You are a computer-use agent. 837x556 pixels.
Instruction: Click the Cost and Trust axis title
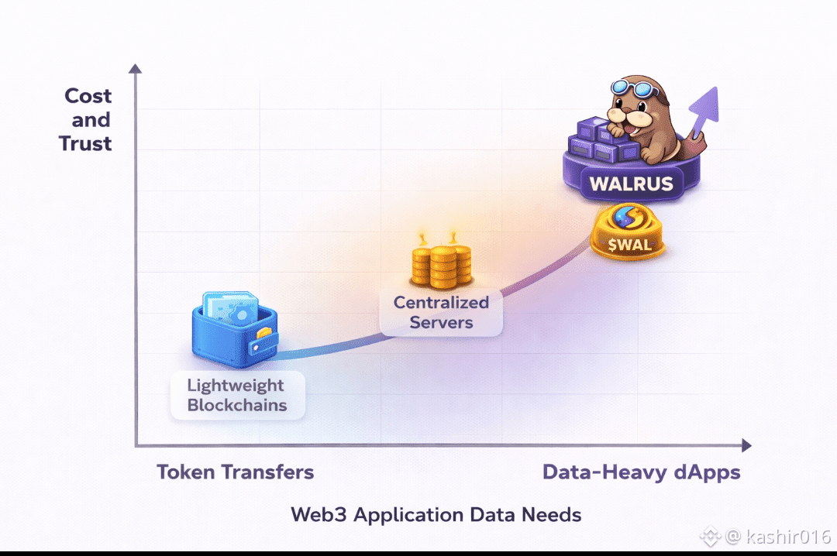point(86,119)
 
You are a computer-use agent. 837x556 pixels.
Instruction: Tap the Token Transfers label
point(235,472)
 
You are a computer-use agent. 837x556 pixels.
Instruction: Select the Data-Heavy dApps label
point(641,472)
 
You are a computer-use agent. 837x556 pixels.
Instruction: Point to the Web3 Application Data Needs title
point(436,514)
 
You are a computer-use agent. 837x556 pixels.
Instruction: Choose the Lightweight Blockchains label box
point(236,395)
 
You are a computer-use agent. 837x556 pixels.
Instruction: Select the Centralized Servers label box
point(441,312)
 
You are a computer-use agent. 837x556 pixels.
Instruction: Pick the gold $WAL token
point(629,232)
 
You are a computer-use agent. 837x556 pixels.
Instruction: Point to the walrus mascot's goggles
point(638,88)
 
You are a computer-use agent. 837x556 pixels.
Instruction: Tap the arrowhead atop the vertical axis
point(136,70)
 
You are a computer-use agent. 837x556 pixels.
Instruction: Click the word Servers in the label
point(441,322)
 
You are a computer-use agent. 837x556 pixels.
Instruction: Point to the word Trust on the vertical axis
point(86,143)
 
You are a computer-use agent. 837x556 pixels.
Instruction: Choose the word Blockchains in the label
point(236,405)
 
